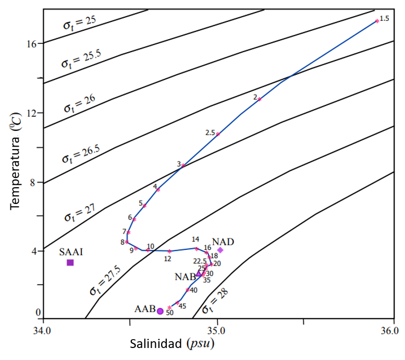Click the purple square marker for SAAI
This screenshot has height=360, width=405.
70,262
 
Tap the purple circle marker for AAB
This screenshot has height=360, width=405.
160,311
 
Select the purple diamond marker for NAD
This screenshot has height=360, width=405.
220,250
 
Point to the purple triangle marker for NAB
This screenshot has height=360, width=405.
199,273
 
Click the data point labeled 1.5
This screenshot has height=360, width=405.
377,21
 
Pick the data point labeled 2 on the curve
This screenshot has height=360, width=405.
259,99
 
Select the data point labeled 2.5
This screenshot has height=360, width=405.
218,134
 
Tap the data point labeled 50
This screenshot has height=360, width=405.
169,307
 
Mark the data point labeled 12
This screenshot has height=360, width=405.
169,251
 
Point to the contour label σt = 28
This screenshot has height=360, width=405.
215,303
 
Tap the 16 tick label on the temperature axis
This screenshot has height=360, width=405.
31,44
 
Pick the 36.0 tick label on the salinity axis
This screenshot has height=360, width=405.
390,331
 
